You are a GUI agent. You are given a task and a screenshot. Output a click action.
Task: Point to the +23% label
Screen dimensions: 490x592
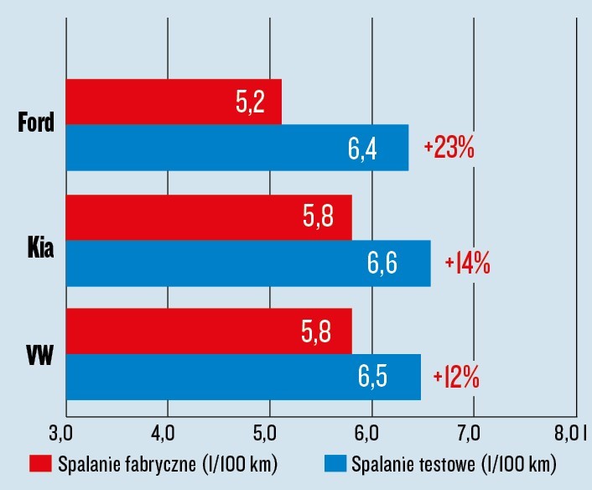point(449,149)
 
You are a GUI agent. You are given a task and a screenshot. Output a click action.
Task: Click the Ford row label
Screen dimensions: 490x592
point(36,124)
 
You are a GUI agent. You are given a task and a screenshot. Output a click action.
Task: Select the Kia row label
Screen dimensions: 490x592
point(39,240)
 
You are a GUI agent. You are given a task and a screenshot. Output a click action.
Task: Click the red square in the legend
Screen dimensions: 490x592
point(42,464)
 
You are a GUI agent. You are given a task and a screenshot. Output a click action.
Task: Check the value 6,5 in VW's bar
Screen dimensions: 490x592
point(372,378)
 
